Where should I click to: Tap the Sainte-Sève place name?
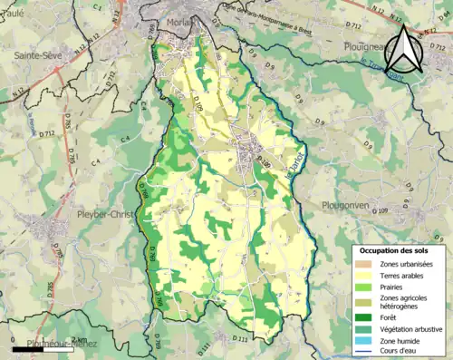36,55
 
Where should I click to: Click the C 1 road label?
96,6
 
